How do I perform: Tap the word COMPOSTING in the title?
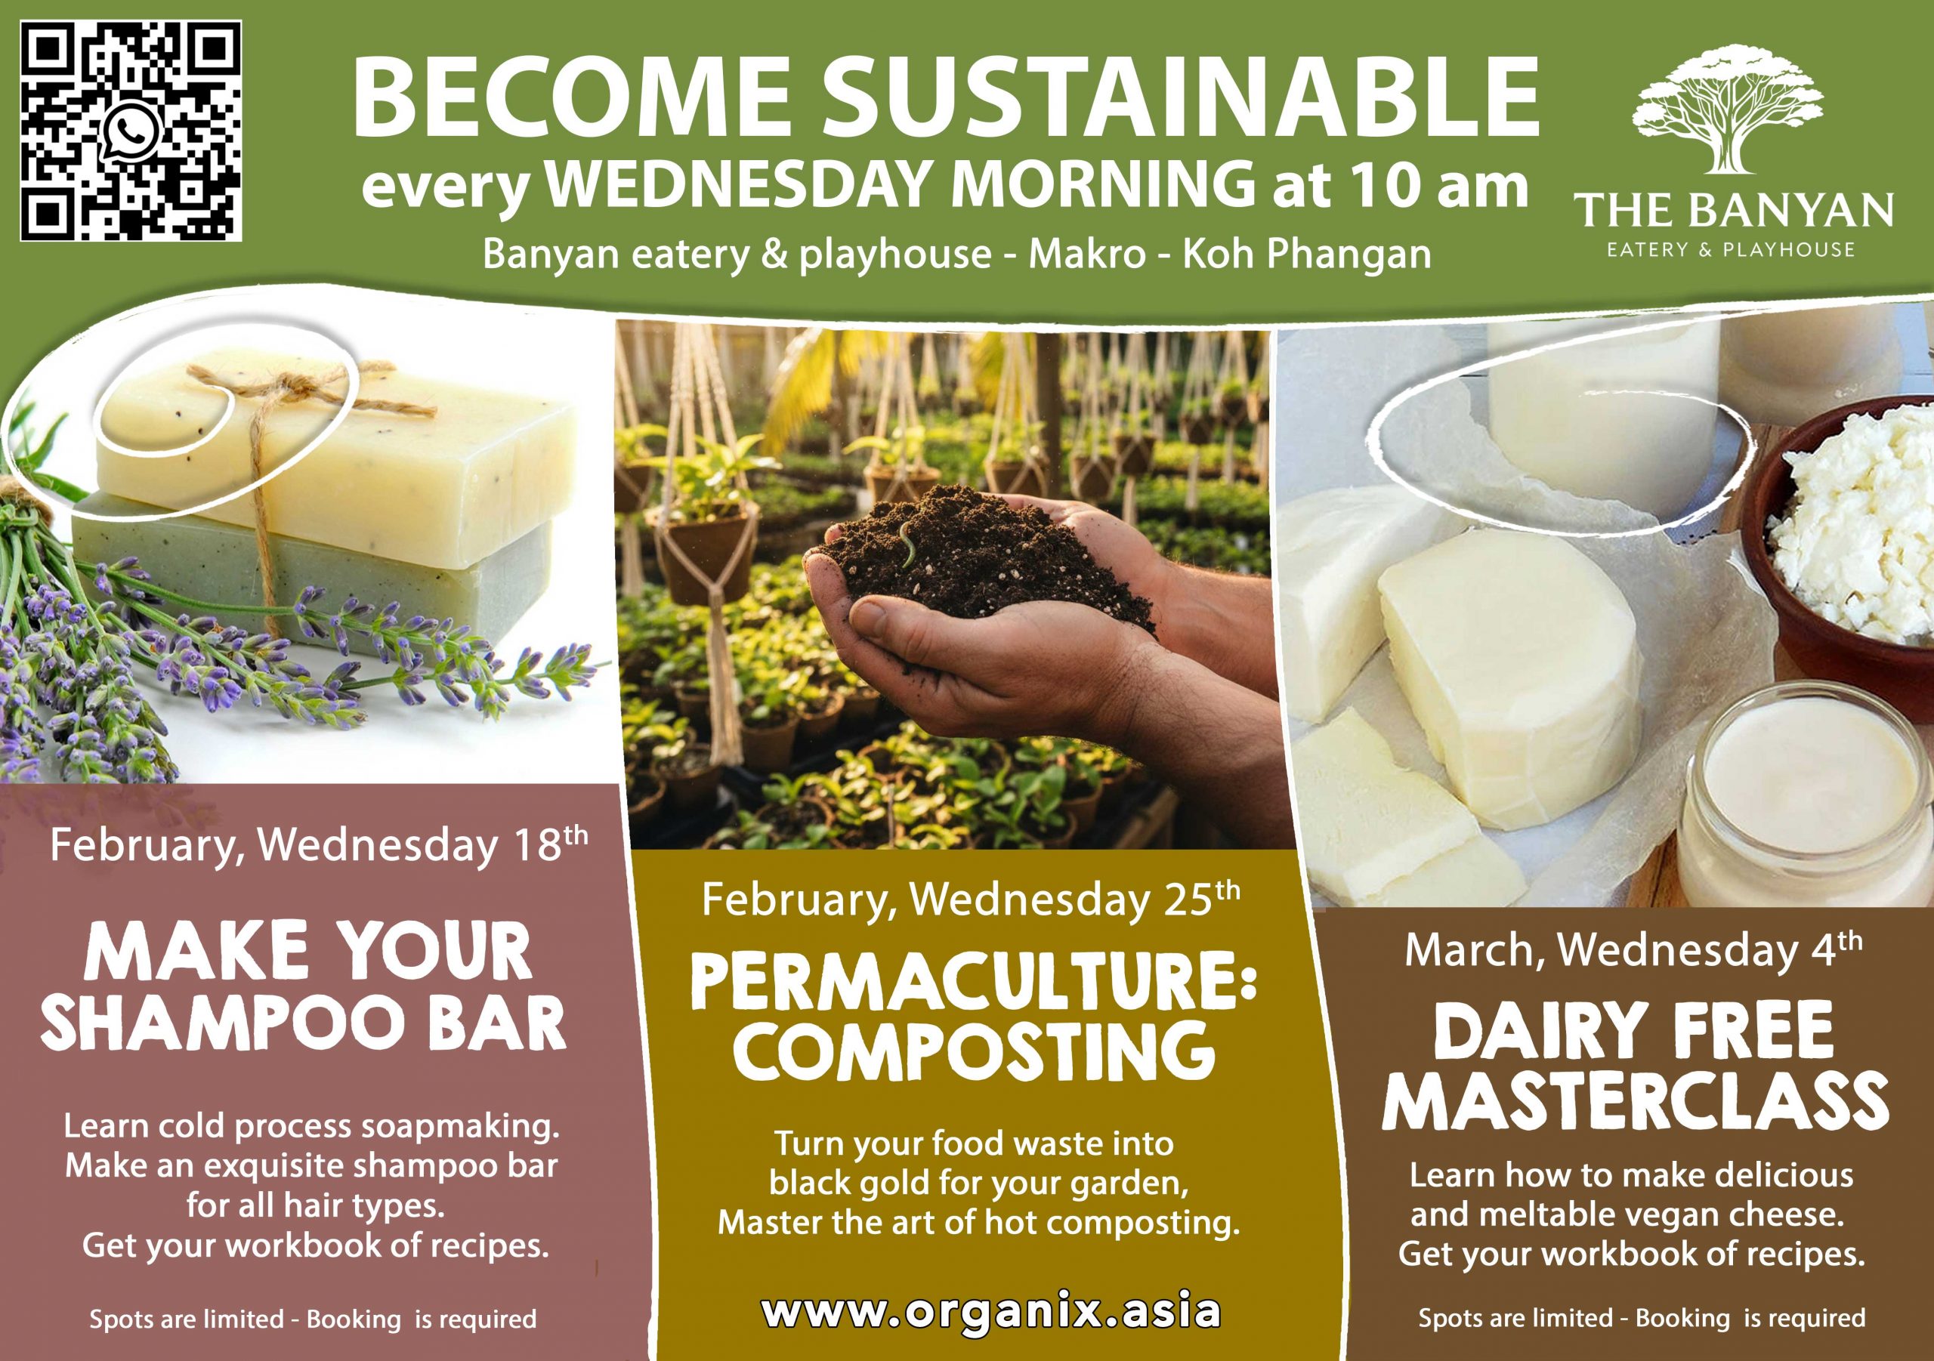click(973, 1051)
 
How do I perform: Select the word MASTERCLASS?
click(1634, 1100)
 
